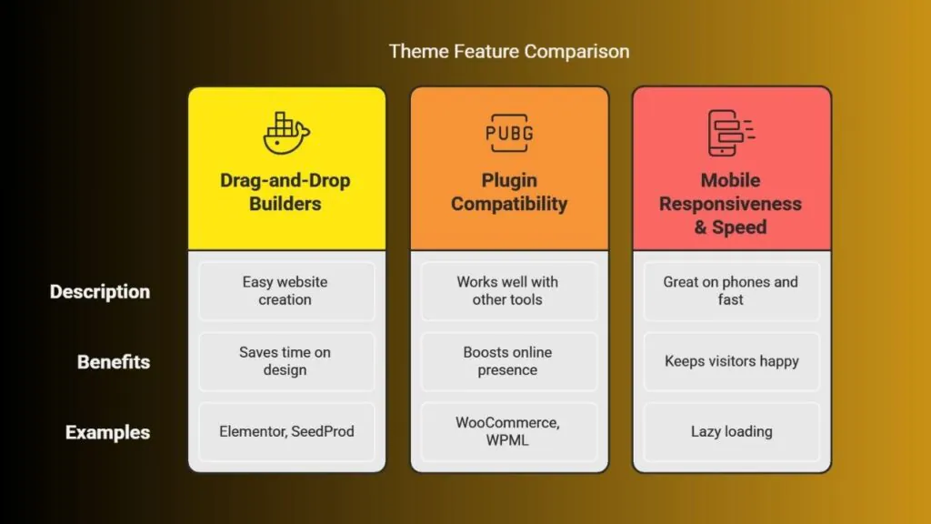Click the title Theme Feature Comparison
[509, 52]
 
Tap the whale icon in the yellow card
[286, 133]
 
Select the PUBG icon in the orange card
[509, 133]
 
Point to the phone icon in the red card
[730, 133]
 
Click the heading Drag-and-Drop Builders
[285, 192]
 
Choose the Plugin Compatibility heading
[509, 192]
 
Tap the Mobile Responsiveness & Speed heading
[730, 204]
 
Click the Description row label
[100, 292]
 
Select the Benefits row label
[114, 362]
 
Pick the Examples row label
[107, 432]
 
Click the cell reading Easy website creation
[286, 291]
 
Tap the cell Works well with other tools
[509, 291]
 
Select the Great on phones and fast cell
[732, 291]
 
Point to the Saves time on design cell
[286, 361]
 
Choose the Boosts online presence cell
[509, 361]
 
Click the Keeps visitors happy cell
[732, 361]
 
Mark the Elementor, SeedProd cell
[286, 432]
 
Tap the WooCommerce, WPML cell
[509, 432]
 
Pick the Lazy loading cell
[732, 432]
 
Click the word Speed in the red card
[739, 227]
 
